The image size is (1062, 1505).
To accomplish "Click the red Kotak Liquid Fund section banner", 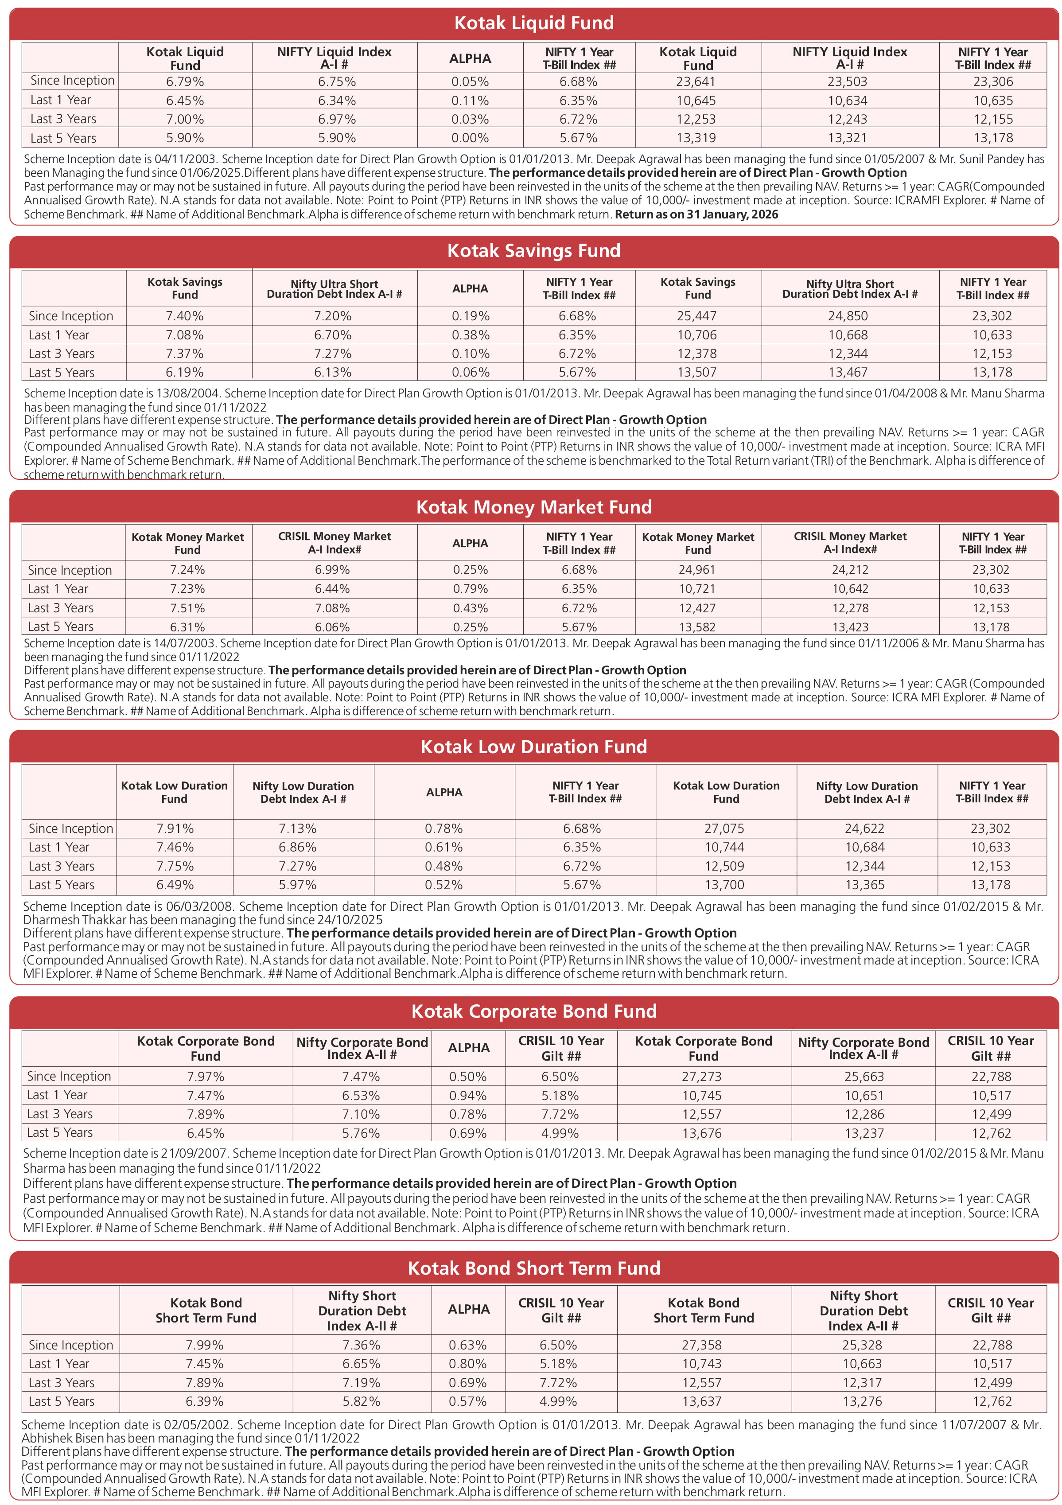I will [x=533, y=23].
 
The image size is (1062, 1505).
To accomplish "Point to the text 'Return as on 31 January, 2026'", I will [x=696, y=214].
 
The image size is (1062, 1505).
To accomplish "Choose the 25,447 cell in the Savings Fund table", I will [x=697, y=316].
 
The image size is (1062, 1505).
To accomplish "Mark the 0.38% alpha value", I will [x=470, y=335].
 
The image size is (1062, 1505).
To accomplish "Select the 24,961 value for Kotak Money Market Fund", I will [x=697, y=570].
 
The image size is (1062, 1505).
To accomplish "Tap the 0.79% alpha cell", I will [x=470, y=589].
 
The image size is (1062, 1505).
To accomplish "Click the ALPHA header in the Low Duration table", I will [x=444, y=792].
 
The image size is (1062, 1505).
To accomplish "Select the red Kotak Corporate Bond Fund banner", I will [x=533, y=1011].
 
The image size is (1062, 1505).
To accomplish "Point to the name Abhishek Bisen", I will [x=63, y=1438].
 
